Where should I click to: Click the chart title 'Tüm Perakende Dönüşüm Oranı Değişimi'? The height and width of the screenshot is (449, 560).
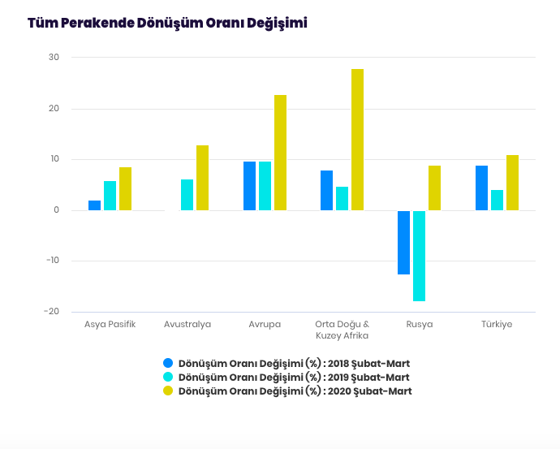click(x=167, y=23)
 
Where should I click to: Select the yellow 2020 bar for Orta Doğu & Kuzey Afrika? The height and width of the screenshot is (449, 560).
click(x=357, y=140)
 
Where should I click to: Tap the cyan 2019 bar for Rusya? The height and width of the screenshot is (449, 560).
click(x=419, y=256)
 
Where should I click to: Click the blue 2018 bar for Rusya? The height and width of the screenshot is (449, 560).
click(x=403, y=242)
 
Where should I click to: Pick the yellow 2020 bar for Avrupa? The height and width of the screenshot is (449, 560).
click(x=280, y=153)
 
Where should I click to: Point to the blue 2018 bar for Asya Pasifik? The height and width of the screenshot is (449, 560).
click(x=94, y=205)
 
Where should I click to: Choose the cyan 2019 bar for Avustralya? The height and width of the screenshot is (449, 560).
click(x=187, y=195)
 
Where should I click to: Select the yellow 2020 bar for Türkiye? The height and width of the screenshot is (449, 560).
click(x=512, y=183)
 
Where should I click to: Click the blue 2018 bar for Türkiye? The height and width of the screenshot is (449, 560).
click(x=481, y=188)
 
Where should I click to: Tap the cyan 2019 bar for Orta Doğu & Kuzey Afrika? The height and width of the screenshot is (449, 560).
click(x=342, y=198)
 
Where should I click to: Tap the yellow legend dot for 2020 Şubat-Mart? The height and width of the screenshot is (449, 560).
click(x=168, y=391)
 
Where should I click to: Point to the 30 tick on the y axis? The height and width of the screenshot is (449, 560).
click(x=54, y=57)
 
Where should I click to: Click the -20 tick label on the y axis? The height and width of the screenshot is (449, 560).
click(x=51, y=312)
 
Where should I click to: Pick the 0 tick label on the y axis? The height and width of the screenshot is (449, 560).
click(x=56, y=210)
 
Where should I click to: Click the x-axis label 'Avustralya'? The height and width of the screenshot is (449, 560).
click(x=187, y=324)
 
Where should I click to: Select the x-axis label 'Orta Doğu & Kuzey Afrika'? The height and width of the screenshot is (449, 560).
click(x=342, y=330)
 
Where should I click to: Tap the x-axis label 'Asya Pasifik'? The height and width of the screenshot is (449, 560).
click(x=110, y=324)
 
